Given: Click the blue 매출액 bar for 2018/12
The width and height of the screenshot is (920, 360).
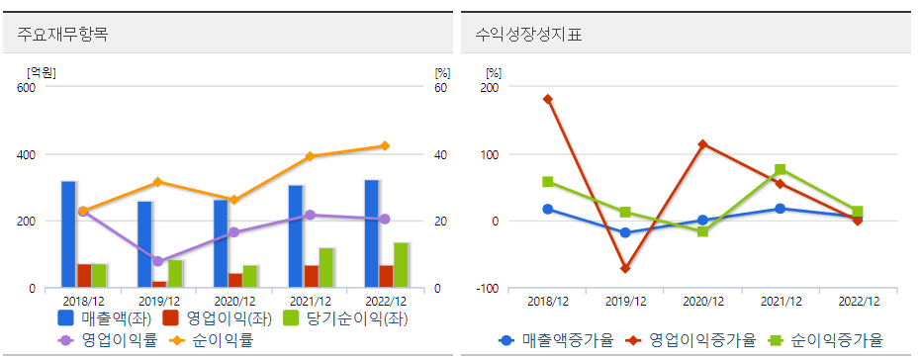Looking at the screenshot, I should point(68,234).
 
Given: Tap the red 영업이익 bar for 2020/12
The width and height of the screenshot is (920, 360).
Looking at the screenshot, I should point(234,280).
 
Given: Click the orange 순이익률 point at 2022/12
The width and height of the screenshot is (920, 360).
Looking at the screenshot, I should point(385,146).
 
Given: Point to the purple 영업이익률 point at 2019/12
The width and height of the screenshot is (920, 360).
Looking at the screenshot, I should point(158,261).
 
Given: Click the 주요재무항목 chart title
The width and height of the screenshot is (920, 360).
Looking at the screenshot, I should point(62,34).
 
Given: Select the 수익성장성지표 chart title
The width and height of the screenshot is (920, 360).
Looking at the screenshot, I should point(521,34).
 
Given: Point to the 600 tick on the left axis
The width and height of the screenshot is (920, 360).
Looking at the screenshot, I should point(26,87).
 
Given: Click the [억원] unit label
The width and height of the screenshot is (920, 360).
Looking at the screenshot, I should point(42,71).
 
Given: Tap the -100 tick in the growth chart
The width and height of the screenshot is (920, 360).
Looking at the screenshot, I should point(488,289).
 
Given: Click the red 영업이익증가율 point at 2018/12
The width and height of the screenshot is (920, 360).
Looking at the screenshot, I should point(548,99).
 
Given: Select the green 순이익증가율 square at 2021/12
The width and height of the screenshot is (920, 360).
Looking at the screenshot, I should point(781,169).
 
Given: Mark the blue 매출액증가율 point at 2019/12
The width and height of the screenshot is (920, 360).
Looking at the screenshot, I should point(625,232).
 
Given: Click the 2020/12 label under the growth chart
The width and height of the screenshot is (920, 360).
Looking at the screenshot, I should point(702,301).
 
